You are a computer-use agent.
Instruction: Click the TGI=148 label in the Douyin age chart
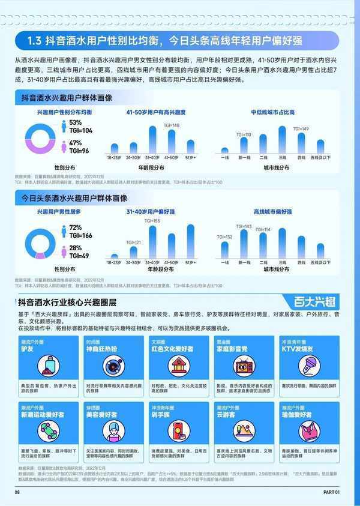point(172,125)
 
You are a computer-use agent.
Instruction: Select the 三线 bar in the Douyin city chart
point(282,139)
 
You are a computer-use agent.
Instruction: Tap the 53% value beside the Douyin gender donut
point(75,122)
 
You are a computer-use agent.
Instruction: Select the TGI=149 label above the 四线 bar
point(301,129)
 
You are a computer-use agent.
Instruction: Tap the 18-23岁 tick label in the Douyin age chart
point(115,157)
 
